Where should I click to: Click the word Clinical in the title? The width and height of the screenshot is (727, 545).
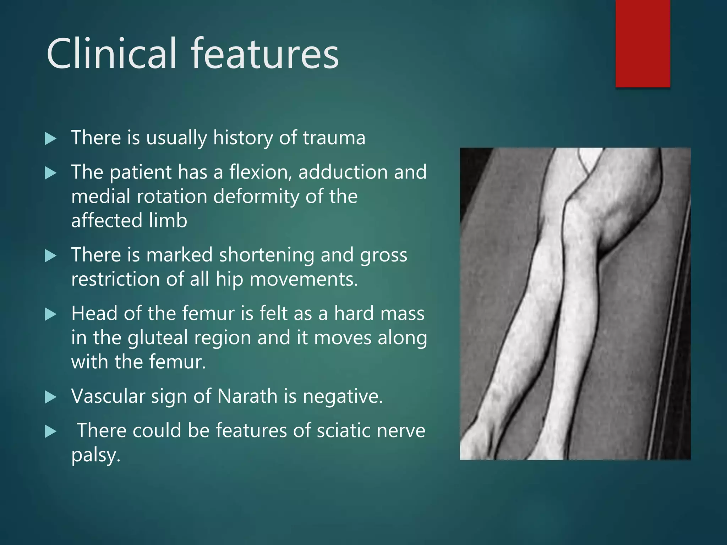tap(111, 54)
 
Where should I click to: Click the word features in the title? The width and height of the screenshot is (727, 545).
tap(265, 54)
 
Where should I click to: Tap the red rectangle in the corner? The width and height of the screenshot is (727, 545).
tap(643, 43)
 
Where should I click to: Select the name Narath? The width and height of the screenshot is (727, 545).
tap(247, 396)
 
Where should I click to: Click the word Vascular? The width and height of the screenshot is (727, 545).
tap(108, 396)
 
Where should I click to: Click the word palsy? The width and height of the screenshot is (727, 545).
tap(95, 456)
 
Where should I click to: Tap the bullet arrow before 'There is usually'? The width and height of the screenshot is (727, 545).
tap(51, 139)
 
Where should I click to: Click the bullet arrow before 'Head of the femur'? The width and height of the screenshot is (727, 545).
tap(51, 314)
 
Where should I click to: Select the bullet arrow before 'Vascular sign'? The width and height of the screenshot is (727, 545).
tap(51, 397)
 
